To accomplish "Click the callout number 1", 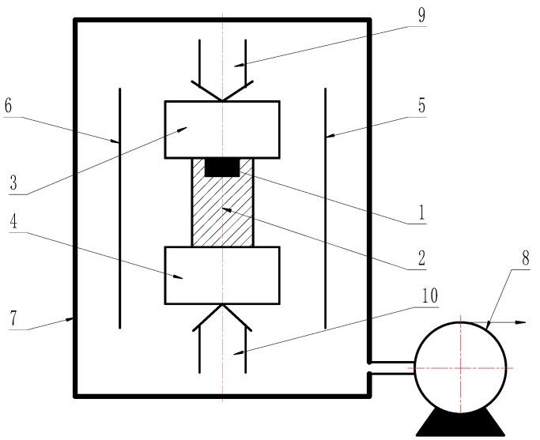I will tap(422, 212).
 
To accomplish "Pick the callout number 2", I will tap(422, 258).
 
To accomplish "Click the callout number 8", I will tap(525, 258).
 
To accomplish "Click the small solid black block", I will tap(223, 167).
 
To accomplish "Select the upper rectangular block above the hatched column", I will tap(222, 129).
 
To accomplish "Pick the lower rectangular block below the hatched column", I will tap(222, 275).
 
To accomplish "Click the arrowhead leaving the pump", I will tap(522, 322).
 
